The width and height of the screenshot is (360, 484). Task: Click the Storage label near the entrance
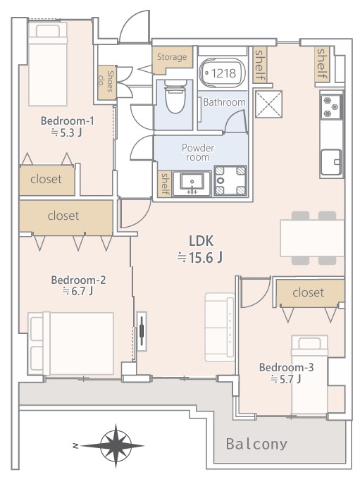(x=172, y=57)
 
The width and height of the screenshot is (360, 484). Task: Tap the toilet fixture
(x=175, y=97)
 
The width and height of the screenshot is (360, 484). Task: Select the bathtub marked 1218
(x=223, y=73)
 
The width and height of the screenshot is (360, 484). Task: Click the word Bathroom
(x=225, y=102)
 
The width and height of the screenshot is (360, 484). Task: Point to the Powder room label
(x=197, y=152)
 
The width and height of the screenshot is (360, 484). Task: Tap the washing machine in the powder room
(x=230, y=181)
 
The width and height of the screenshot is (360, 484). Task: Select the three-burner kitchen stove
(x=330, y=107)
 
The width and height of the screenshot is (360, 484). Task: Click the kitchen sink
(x=331, y=162)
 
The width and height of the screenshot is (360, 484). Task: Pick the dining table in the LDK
(x=312, y=237)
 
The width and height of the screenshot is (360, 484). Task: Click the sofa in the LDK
(x=220, y=327)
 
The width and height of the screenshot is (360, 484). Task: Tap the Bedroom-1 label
(x=68, y=120)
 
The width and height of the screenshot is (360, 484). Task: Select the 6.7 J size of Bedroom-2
(x=77, y=291)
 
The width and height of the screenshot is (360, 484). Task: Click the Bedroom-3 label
(x=286, y=367)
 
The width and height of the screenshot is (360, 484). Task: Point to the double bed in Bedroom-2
(x=71, y=343)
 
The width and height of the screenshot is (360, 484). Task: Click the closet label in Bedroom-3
(x=308, y=292)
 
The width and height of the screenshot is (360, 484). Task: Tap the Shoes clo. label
(x=106, y=82)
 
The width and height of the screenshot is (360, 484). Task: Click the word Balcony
(x=256, y=444)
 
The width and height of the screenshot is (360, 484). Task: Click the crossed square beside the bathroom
(x=268, y=104)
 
